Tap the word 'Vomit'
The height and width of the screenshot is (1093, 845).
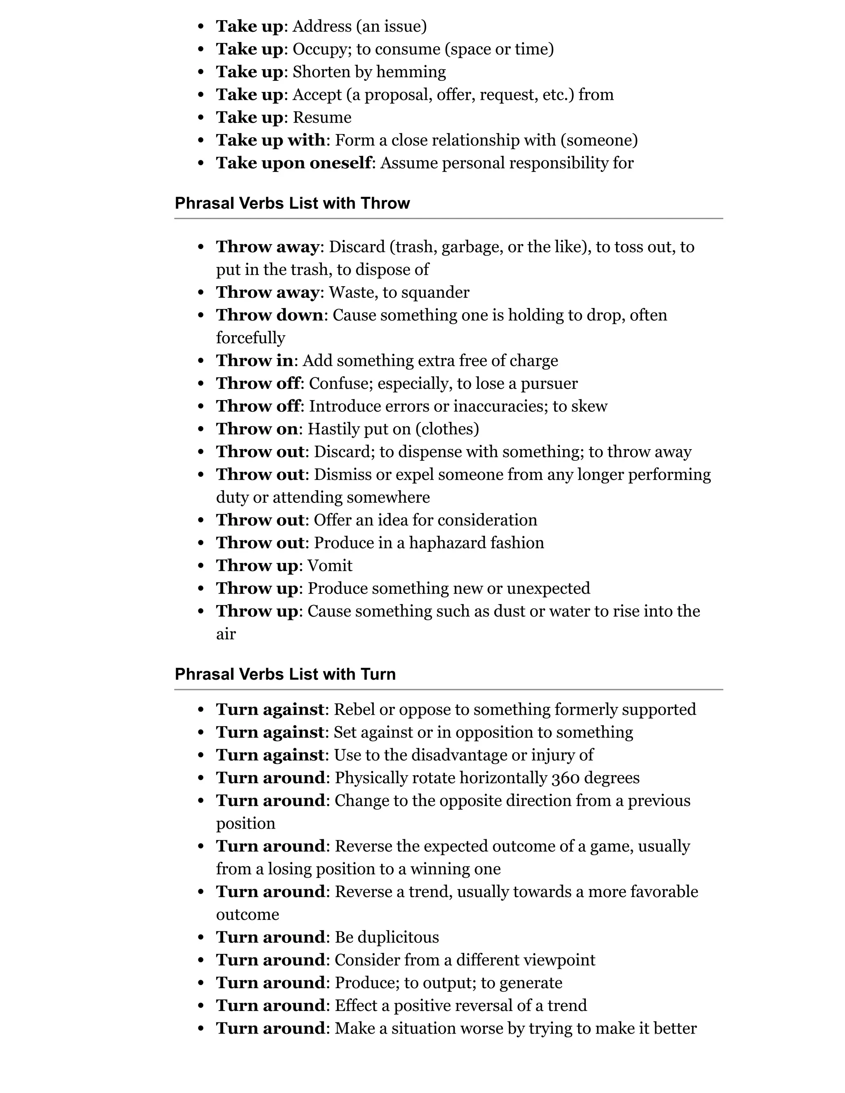pos(330,565)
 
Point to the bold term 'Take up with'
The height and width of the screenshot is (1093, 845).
pos(270,140)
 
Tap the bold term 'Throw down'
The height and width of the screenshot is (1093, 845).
pos(269,315)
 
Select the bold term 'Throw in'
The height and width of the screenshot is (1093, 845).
pos(254,361)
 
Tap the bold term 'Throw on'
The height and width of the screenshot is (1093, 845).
pos(257,429)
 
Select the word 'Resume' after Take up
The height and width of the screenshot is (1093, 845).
pos(322,118)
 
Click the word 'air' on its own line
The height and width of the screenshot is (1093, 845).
pos(226,634)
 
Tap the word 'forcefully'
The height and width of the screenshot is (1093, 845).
pos(250,338)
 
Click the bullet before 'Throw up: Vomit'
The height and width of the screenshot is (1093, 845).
pos(201,566)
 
